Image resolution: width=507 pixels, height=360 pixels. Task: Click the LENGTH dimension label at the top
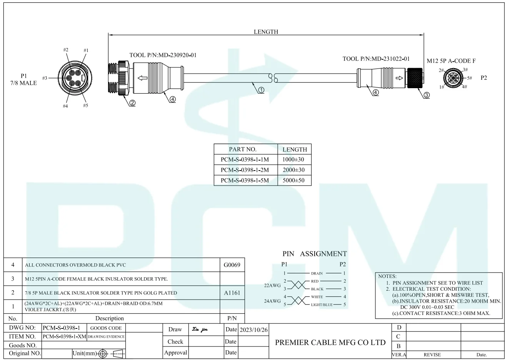(x=266, y=32)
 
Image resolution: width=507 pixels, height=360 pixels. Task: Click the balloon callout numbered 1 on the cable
(x=261, y=90)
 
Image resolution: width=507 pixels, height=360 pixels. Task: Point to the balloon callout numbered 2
(x=132, y=103)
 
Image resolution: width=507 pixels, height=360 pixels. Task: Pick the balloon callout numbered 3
(x=426, y=95)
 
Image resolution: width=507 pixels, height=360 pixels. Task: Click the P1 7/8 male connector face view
(x=73, y=78)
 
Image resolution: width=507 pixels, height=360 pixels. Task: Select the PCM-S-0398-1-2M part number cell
(x=245, y=170)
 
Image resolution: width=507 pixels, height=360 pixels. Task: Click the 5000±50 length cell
(x=294, y=180)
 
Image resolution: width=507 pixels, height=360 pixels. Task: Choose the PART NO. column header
(x=242, y=149)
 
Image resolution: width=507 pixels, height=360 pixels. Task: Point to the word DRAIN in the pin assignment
(x=317, y=273)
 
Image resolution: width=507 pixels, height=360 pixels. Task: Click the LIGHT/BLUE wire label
(x=322, y=305)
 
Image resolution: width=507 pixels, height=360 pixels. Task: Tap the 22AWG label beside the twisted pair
(x=272, y=285)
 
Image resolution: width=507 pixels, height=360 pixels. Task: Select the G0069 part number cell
(x=232, y=265)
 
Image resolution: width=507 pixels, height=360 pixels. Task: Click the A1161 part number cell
(x=232, y=293)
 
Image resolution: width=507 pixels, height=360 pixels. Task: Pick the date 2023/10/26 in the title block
(x=253, y=330)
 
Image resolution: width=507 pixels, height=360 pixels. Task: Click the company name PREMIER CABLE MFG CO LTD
(x=330, y=342)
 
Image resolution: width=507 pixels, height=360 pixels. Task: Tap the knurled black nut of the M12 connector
(x=415, y=79)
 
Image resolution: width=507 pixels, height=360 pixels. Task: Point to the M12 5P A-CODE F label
(x=451, y=61)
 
